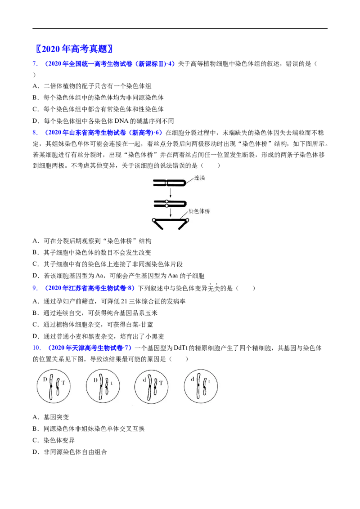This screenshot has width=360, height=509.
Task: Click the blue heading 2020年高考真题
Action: tap(74, 49)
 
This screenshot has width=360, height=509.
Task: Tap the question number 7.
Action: tap(35, 64)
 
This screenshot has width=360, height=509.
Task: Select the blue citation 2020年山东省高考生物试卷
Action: tap(85, 133)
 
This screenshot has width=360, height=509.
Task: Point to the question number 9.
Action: tap(35, 288)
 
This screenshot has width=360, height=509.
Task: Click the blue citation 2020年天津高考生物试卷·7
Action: tap(90, 348)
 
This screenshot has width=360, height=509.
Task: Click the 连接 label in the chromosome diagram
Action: tap(200, 178)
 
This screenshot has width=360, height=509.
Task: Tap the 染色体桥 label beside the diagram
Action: tap(199, 211)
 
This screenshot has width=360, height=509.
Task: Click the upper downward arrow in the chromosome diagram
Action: tap(170, 193)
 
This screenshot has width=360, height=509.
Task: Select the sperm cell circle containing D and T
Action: tap(53, 386)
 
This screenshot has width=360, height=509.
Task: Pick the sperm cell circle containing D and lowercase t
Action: tap(103, 386)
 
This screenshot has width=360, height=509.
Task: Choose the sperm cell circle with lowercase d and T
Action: tap(151, 386)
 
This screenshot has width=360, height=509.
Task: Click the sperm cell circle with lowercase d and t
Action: tap(201, 386)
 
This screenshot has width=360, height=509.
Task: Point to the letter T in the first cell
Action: tap(63, 383)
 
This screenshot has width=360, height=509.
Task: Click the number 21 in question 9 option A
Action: tap(124, 301)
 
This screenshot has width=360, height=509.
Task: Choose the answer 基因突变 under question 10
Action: tap(56, 417)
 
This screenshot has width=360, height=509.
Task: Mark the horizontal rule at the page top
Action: tap(180, 29)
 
